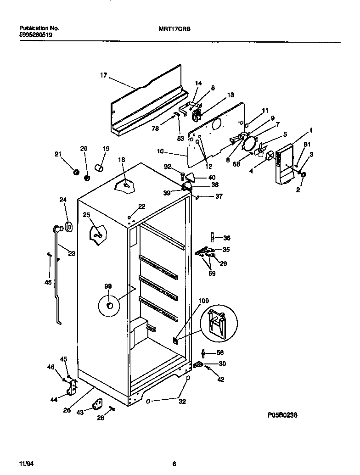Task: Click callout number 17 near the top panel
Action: point(104,76)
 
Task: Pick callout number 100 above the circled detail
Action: point(203,301)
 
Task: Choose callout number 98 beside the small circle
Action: point(108,286)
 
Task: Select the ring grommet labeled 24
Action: point(68,226)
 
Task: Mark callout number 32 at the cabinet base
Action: point(182,401)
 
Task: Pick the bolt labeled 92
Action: point(182,175)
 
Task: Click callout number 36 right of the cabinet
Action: point(226,238)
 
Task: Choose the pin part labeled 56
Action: point(203,353)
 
